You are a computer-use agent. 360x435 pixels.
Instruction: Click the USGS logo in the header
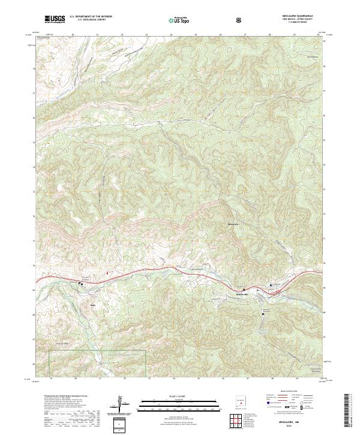click(55, 19)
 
